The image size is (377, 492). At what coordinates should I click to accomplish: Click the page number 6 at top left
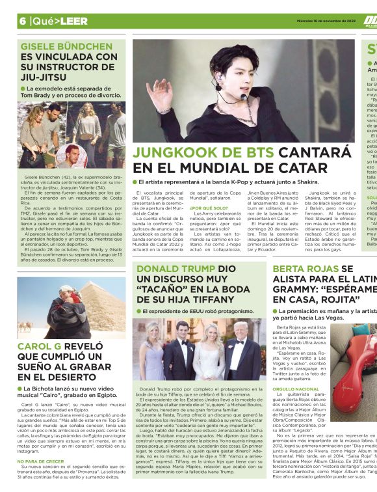(x=21, y=20)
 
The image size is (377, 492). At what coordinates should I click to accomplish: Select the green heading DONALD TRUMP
(x=172, y=269)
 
